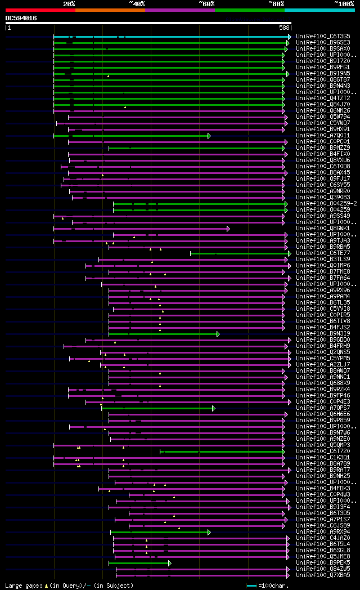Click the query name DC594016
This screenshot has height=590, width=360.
click(21, 18)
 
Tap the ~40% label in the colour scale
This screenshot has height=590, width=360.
click(137, 4)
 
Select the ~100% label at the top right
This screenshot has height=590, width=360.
click(344, 4)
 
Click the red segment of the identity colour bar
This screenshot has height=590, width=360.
click(40, 10)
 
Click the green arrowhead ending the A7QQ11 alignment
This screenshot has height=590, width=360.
click(209, 136)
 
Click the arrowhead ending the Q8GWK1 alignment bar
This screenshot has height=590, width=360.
click(228, 229)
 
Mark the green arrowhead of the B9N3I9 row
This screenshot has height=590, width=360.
click(218, 334)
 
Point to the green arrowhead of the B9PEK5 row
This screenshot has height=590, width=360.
click(169, 562)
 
